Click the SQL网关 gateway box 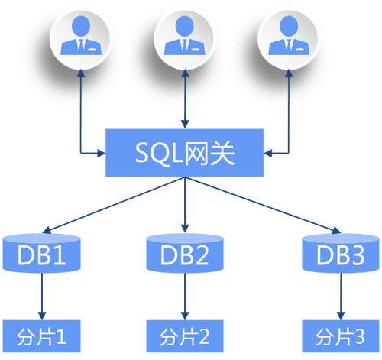[184, 153]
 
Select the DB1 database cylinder [41, 253]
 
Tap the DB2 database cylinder [185, 253]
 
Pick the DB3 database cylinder [341, 253]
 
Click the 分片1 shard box [41, 336]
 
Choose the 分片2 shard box [185, 336]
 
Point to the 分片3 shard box [341, 336]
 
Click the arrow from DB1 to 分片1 [42, 296]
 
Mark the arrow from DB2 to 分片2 [185, 296]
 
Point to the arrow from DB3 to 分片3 [341, 296]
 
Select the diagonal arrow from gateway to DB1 [114, 205]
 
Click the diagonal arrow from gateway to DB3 [263, 205]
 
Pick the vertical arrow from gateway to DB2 [185, 205]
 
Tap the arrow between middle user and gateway [185, 99]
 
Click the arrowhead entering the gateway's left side [102, 153]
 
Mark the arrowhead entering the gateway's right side [267, 153]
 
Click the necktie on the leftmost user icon [81, 44]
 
